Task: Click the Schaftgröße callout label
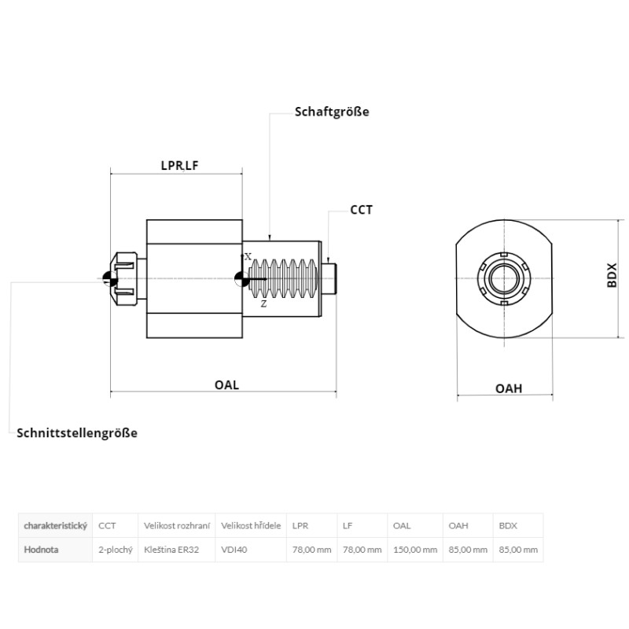(332, 112)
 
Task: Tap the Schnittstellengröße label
(77, 433)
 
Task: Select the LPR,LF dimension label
(179, 166)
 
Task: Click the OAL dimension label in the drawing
(226, 385)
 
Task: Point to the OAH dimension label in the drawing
(509, 388)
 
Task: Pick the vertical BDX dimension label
(612, 275)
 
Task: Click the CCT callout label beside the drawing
(361, 210)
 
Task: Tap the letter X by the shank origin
(248, 257)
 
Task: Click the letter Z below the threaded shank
(263, 304)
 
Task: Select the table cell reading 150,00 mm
(415, 550)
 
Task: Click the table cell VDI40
(234, 550)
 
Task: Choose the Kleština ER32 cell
(171, 550)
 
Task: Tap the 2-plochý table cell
(116, 550)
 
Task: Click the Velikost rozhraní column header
(177, 525)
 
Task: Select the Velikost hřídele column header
(251, 525)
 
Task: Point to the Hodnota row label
(41, 550)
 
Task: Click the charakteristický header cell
(55, 526)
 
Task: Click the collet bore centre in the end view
(505, 278)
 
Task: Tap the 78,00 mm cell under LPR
(311, 550)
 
